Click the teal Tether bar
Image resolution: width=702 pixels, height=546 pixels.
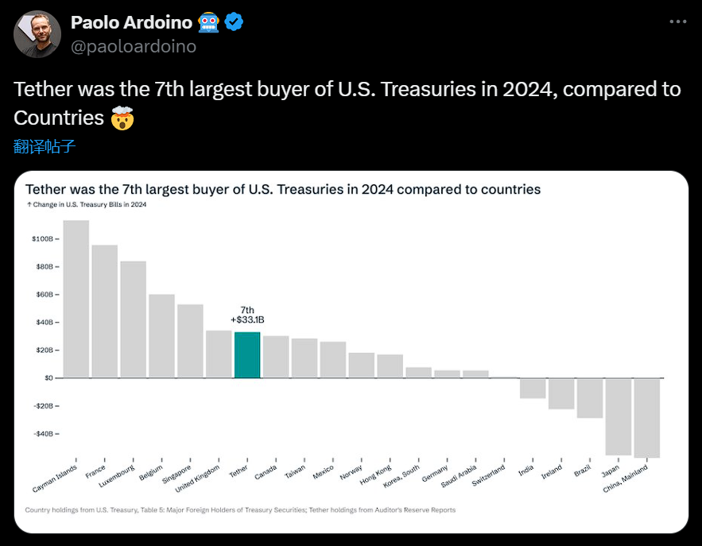pos(247,354)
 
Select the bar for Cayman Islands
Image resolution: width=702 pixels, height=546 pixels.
pos(76,298)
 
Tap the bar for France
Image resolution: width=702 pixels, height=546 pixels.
pos(105,311)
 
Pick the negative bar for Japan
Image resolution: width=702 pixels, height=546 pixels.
pos(618,416)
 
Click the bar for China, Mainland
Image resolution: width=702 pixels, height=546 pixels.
pos(646,418)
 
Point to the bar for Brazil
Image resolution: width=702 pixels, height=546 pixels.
pos(589,398)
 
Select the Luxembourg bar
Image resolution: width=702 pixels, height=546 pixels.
pos(134,319)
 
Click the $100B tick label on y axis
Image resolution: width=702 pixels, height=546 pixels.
pos(42,238)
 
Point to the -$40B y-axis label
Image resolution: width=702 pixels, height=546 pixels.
pos(41,434)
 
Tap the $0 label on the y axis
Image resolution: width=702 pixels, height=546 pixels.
pos(47,378)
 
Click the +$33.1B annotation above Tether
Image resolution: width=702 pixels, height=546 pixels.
pos(247,319)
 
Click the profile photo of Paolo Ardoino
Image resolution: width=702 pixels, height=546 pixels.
pos(37,34)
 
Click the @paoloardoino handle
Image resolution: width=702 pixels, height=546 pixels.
pos(134,46)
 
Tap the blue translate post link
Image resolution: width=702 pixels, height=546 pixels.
pos(45,146)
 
